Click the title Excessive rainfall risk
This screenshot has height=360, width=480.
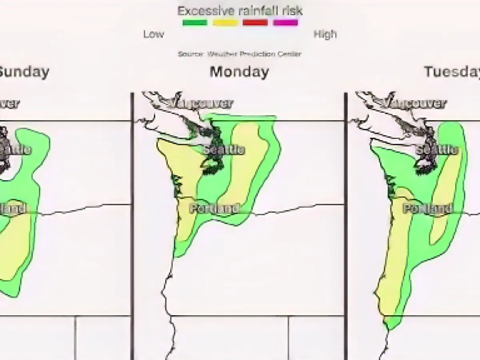point(240,10)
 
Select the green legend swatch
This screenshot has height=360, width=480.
point(195,23)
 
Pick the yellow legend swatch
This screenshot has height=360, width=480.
point(225,23)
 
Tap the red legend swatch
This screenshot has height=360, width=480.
point(255,23)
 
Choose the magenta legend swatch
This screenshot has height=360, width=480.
point(285,23)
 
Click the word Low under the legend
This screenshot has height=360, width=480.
point(154,34)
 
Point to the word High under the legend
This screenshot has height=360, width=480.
point(325,34)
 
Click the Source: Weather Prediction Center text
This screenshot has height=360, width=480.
point(240,54)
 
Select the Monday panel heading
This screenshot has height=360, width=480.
point(239,72)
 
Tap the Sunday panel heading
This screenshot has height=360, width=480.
point(24,72)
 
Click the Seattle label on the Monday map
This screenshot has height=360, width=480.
point(224,150)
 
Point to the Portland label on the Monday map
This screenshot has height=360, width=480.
point(214,208)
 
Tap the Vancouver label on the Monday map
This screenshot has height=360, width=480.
point(200,104)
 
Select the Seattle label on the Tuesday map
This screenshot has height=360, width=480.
point(437,150)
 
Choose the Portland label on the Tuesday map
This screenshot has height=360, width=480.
point(427,208)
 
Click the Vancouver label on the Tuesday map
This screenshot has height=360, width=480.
point(413,104)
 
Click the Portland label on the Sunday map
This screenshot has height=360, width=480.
point(12,208)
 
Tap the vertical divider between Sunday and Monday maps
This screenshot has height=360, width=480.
point(132,224)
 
